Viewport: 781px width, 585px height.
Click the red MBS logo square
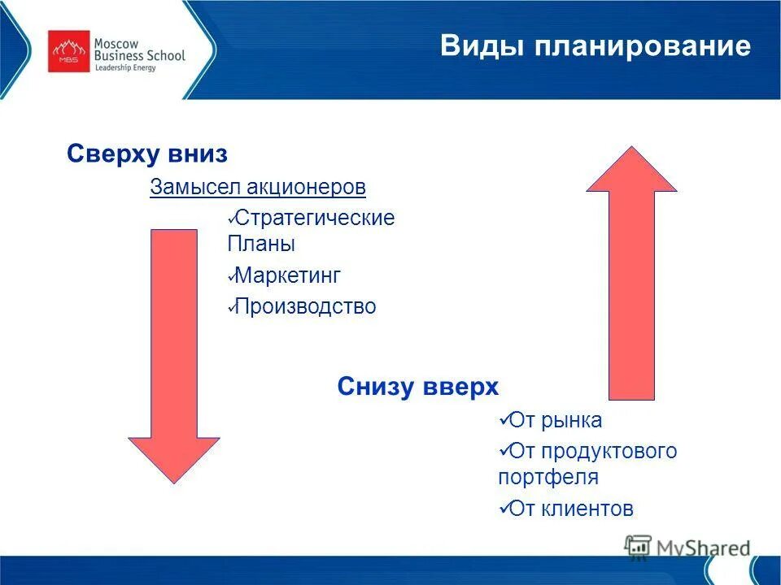69,51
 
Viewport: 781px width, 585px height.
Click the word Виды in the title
470,45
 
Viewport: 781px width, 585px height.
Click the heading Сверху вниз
146,154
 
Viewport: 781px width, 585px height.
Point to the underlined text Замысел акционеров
258,188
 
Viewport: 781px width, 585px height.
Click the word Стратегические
314,218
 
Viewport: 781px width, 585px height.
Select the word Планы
261,244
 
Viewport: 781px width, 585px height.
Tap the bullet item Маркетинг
287,275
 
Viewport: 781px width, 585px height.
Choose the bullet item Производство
305,306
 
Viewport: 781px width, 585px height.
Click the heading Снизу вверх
417,387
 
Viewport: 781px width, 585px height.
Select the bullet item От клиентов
570,509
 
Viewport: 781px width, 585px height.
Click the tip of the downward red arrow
174,481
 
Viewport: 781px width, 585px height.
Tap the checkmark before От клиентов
503,508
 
